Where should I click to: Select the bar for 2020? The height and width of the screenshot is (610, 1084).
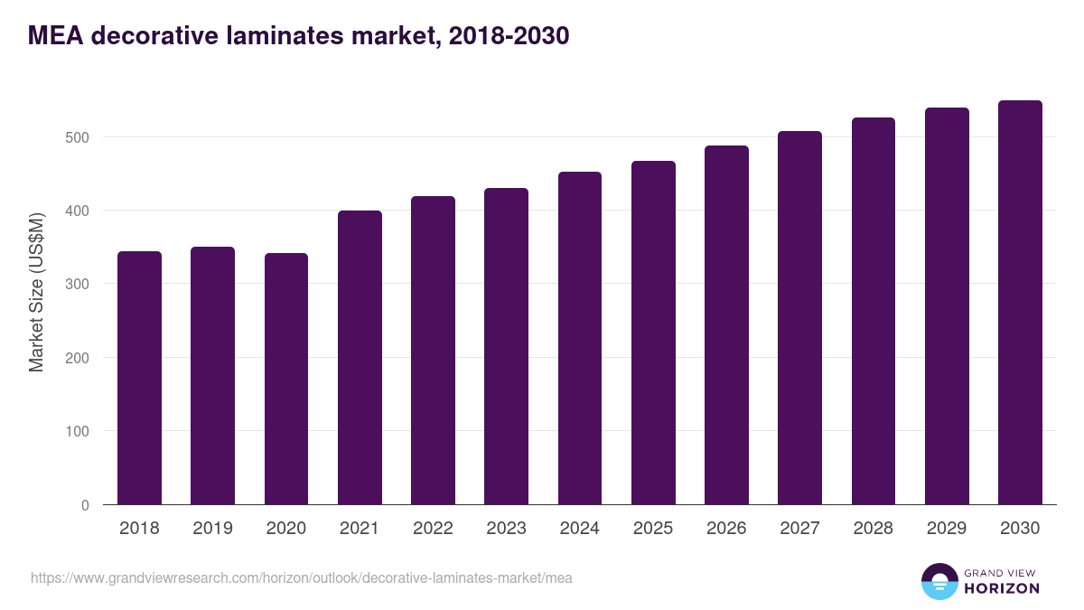click(286, 379)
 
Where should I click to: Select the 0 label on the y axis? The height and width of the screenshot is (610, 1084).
click(85, 505)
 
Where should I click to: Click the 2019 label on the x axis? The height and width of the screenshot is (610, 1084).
click(212, 529)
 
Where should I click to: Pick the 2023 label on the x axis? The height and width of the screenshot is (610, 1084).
click(506, 529)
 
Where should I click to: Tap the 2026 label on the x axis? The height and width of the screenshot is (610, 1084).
click(726, 529)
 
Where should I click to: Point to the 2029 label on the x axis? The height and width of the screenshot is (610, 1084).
click(947, 529)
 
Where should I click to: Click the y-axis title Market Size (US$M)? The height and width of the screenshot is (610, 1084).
click(36, 292)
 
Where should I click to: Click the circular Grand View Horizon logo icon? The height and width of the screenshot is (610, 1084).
click(939, 581)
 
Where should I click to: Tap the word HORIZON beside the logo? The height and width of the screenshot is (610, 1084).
click(1002, 588)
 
